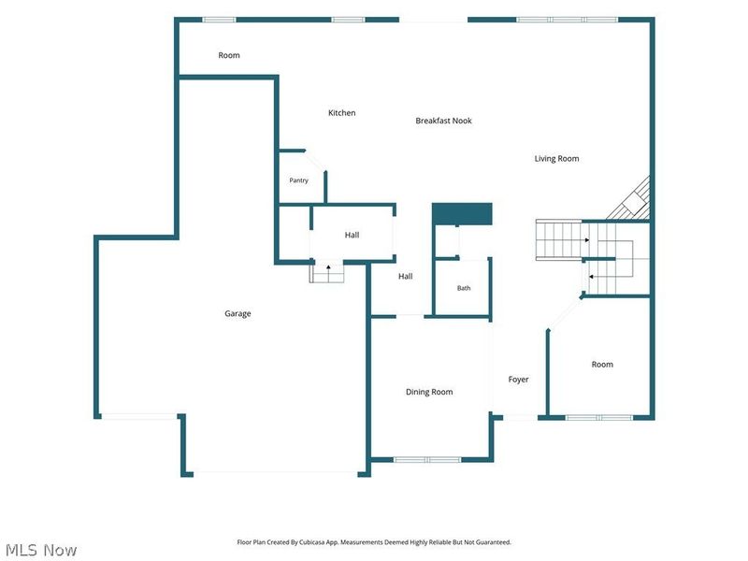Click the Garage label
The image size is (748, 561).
[x=237, y=313]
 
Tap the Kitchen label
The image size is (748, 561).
[x=341, y=113]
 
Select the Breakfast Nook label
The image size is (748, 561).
[x=443, y=121]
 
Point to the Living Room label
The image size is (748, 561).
[x=556, y=159]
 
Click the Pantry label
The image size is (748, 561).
[x=298, y=180]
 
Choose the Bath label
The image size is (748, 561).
[x=464, y=288]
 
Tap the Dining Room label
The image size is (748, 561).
[x=429, y=392]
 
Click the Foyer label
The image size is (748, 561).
[x=519, y=380]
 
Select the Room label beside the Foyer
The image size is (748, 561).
[x=602, y=365]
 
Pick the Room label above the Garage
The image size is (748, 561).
[x=229, y=55]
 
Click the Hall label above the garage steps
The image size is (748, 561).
[x=352, y=235]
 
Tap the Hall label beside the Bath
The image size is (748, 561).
[x=406, y=276]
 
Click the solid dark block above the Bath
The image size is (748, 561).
[x=462, y=214]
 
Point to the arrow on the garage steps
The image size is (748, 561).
[x=328, y=269]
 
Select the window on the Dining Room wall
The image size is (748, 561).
[x=427, y=460]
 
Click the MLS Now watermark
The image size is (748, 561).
[x=41, y=550]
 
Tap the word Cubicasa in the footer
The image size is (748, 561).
[x=311, y=542]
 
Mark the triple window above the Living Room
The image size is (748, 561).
[x=568, y=20]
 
